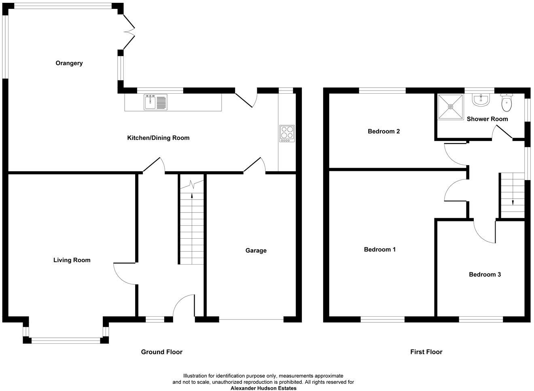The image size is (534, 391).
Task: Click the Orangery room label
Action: click(69, 63)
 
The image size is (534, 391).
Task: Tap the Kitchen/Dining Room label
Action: click(158, 138)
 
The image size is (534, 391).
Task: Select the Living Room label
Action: click(72, 260)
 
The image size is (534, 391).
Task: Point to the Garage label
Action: click(256, 250)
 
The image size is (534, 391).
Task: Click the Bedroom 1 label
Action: click(379, 249)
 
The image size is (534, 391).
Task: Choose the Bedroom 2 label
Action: click(384, 131)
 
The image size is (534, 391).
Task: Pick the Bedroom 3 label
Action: click(485, 274)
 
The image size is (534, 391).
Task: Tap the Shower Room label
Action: click(487, 119)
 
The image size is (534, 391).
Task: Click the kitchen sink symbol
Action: click(155, 102)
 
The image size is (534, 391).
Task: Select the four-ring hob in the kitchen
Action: click(287, 133)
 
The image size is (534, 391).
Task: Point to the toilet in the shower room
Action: click(506, 103)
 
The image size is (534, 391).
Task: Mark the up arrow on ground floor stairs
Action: click(192, 197)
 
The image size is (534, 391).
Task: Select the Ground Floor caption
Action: click(161, 352)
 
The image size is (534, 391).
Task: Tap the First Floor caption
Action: click(426, 352)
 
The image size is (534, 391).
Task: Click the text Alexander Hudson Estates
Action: click(263, 388)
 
